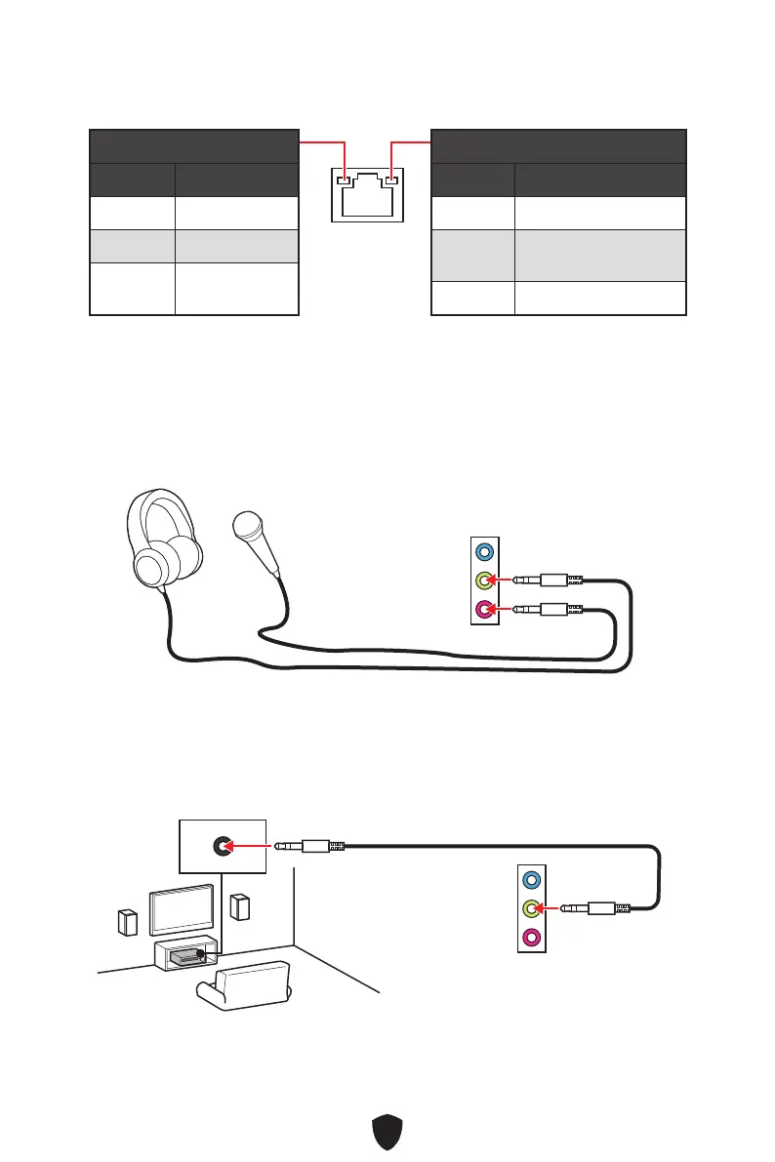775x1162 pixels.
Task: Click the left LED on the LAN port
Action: point(344,180)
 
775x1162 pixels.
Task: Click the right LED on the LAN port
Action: point(392,180)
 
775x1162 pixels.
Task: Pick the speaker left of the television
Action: point(127,922)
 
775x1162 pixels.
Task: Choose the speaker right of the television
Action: point(237,906)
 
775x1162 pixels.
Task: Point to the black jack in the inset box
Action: point(224,846)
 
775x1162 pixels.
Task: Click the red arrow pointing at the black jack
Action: point(251,846)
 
